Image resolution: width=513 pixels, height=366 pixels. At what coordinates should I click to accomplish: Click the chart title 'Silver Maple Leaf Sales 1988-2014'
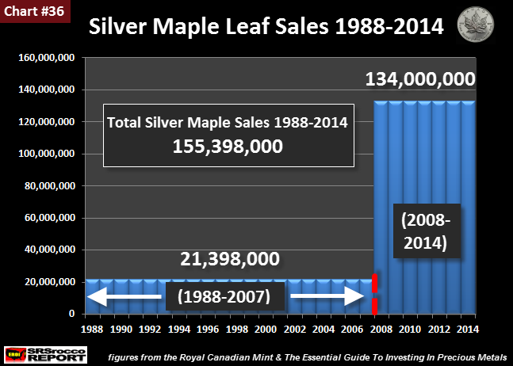coord(266,29)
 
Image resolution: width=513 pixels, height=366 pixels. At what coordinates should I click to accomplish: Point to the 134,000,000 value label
coord(420,79)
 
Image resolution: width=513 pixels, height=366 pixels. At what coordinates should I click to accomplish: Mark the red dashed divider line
coord(373,294)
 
